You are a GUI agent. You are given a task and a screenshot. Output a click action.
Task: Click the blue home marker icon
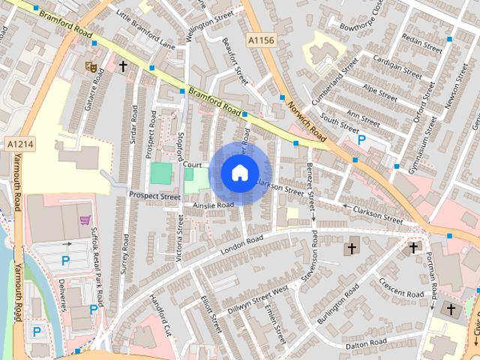pos(239,172)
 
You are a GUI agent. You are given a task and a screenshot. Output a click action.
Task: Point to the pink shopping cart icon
pos(85,220)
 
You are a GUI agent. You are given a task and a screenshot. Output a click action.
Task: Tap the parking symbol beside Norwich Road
pos(361,139)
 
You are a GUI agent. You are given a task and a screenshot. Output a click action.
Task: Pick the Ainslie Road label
pos(213,204)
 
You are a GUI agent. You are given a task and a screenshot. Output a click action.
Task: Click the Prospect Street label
pos(155,196)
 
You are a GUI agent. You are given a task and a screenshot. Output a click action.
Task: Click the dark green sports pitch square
pos(160,174)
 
